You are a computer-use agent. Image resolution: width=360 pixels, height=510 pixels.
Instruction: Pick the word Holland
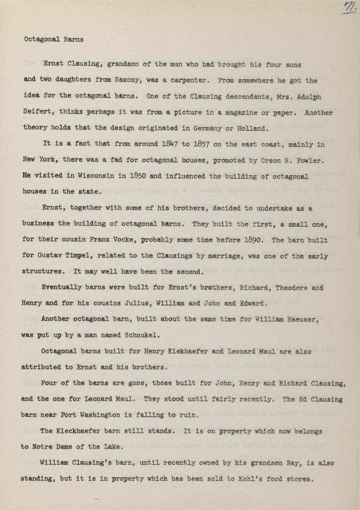251,129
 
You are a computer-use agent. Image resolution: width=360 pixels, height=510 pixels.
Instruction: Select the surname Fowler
311,160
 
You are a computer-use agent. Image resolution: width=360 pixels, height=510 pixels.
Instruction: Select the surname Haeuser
302,319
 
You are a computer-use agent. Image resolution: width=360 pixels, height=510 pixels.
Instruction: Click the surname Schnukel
142,336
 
